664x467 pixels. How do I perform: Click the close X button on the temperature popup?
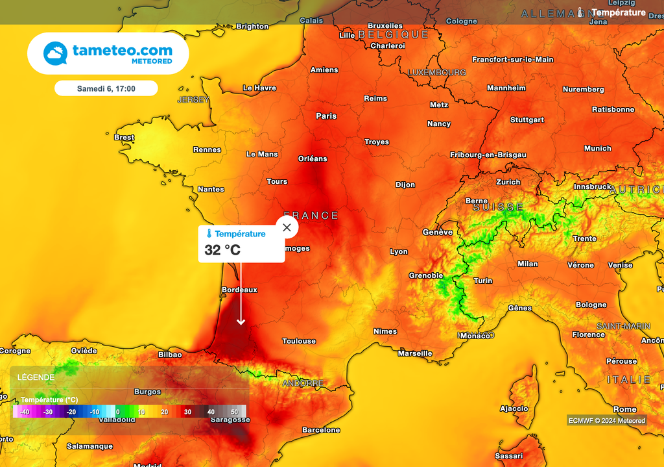(x=287, y=227)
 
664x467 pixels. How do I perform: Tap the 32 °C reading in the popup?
(x=222, y=250)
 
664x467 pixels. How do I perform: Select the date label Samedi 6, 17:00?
(x=106, y=88)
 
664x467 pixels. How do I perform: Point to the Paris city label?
(x=326, y=116)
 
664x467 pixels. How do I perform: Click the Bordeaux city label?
(x=239, y=290)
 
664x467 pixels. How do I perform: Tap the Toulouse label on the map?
(x=299, y=341)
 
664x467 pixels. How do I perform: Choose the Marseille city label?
(x=415, y=353)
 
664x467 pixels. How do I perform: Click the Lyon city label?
(x=399, y=251)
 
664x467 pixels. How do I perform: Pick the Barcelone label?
(x=321, y=430)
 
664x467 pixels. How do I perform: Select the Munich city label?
(x=597, y=149)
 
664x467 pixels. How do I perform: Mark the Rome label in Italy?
(x=624, y=409)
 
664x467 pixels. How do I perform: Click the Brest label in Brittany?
(x=124, y=138)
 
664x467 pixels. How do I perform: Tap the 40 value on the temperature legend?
(x=211, y=412)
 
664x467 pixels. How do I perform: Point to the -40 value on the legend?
(x=25, y=412)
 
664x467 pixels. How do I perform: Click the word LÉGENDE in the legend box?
(x=36, y=377)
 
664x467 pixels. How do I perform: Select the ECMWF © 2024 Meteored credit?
(x=607, y=420)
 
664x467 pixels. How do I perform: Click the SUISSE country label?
(x=498, y=207)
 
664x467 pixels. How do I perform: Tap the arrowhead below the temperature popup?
(x=241, y=322)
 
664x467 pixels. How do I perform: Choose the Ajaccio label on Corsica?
(x=514, y=409)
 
